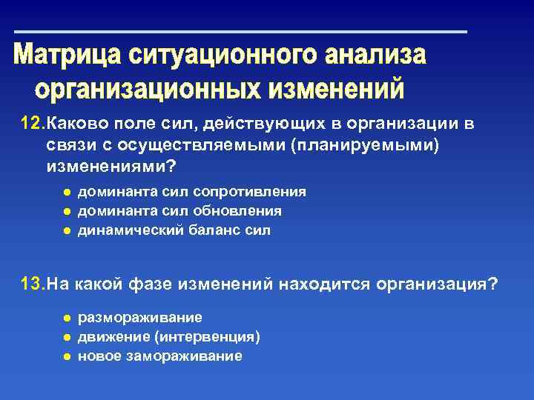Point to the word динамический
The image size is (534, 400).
click(x=122, y=230)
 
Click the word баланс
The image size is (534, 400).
click(x=205, y=230)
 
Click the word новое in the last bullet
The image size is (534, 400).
click(x=99, y=356)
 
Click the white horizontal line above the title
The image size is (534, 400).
click(x=242, y=32)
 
